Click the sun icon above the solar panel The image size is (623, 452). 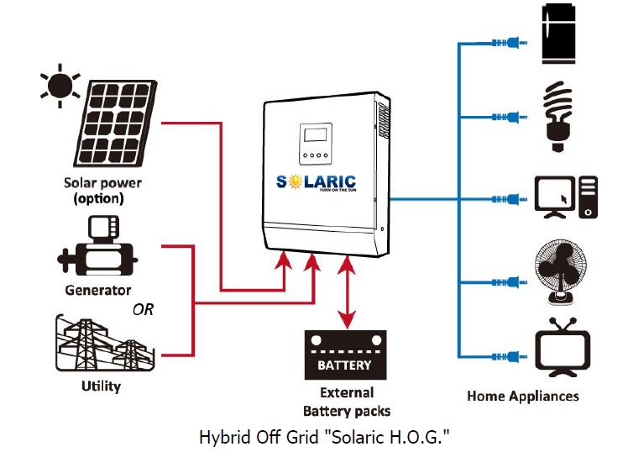(59, 85)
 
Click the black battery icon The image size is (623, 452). (344, 357)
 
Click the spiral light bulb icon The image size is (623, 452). (556, 115)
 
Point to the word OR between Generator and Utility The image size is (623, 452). (144, 309)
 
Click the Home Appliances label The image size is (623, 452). (522, 396)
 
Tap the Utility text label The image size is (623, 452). (101, 386)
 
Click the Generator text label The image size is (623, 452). (98, 290)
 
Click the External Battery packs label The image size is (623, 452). (347, 402)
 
